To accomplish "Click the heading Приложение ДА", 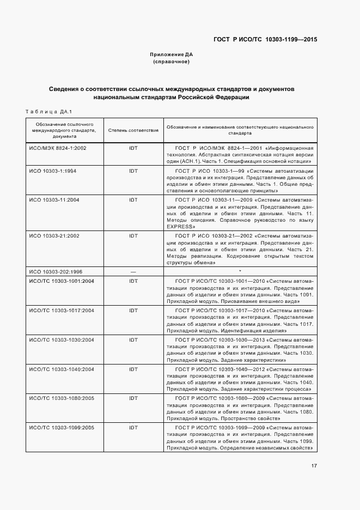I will coord(172,55).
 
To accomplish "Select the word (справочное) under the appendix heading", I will coord(172,62).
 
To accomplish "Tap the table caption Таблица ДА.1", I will coord(49,112).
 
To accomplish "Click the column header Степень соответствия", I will coord(133,130).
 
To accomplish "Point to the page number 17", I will coord(314,465).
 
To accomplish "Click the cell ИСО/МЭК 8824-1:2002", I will coord(58,148).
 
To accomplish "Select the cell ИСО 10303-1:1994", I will coord(53,171).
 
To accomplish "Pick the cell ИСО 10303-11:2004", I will coord(54,200).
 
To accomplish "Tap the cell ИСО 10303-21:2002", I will coord(54,236).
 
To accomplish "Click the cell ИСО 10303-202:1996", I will coord(56,271).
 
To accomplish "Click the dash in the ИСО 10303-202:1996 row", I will coord(133,271).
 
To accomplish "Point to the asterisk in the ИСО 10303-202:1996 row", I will coord(240,271).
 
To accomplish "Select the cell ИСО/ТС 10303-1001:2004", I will coord(62,281).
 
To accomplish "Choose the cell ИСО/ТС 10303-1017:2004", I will coord(62,310).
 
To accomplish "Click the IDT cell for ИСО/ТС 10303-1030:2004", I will coord(133,339).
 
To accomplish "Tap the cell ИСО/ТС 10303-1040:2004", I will coord(62,369).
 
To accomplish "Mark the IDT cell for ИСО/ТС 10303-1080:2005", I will coord(133,398).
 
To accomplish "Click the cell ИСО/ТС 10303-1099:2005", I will coord(62,428).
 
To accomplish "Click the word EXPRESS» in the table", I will coord(181,226).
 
